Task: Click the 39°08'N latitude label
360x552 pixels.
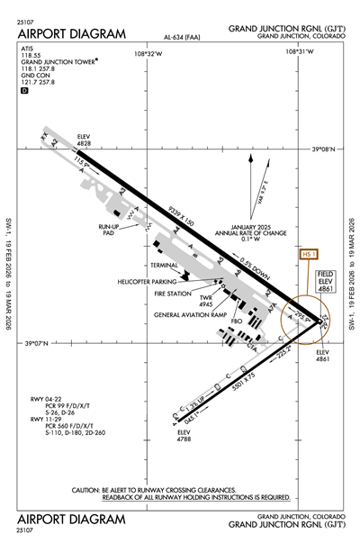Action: [321, 149]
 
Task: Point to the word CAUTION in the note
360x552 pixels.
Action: [89, 490]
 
